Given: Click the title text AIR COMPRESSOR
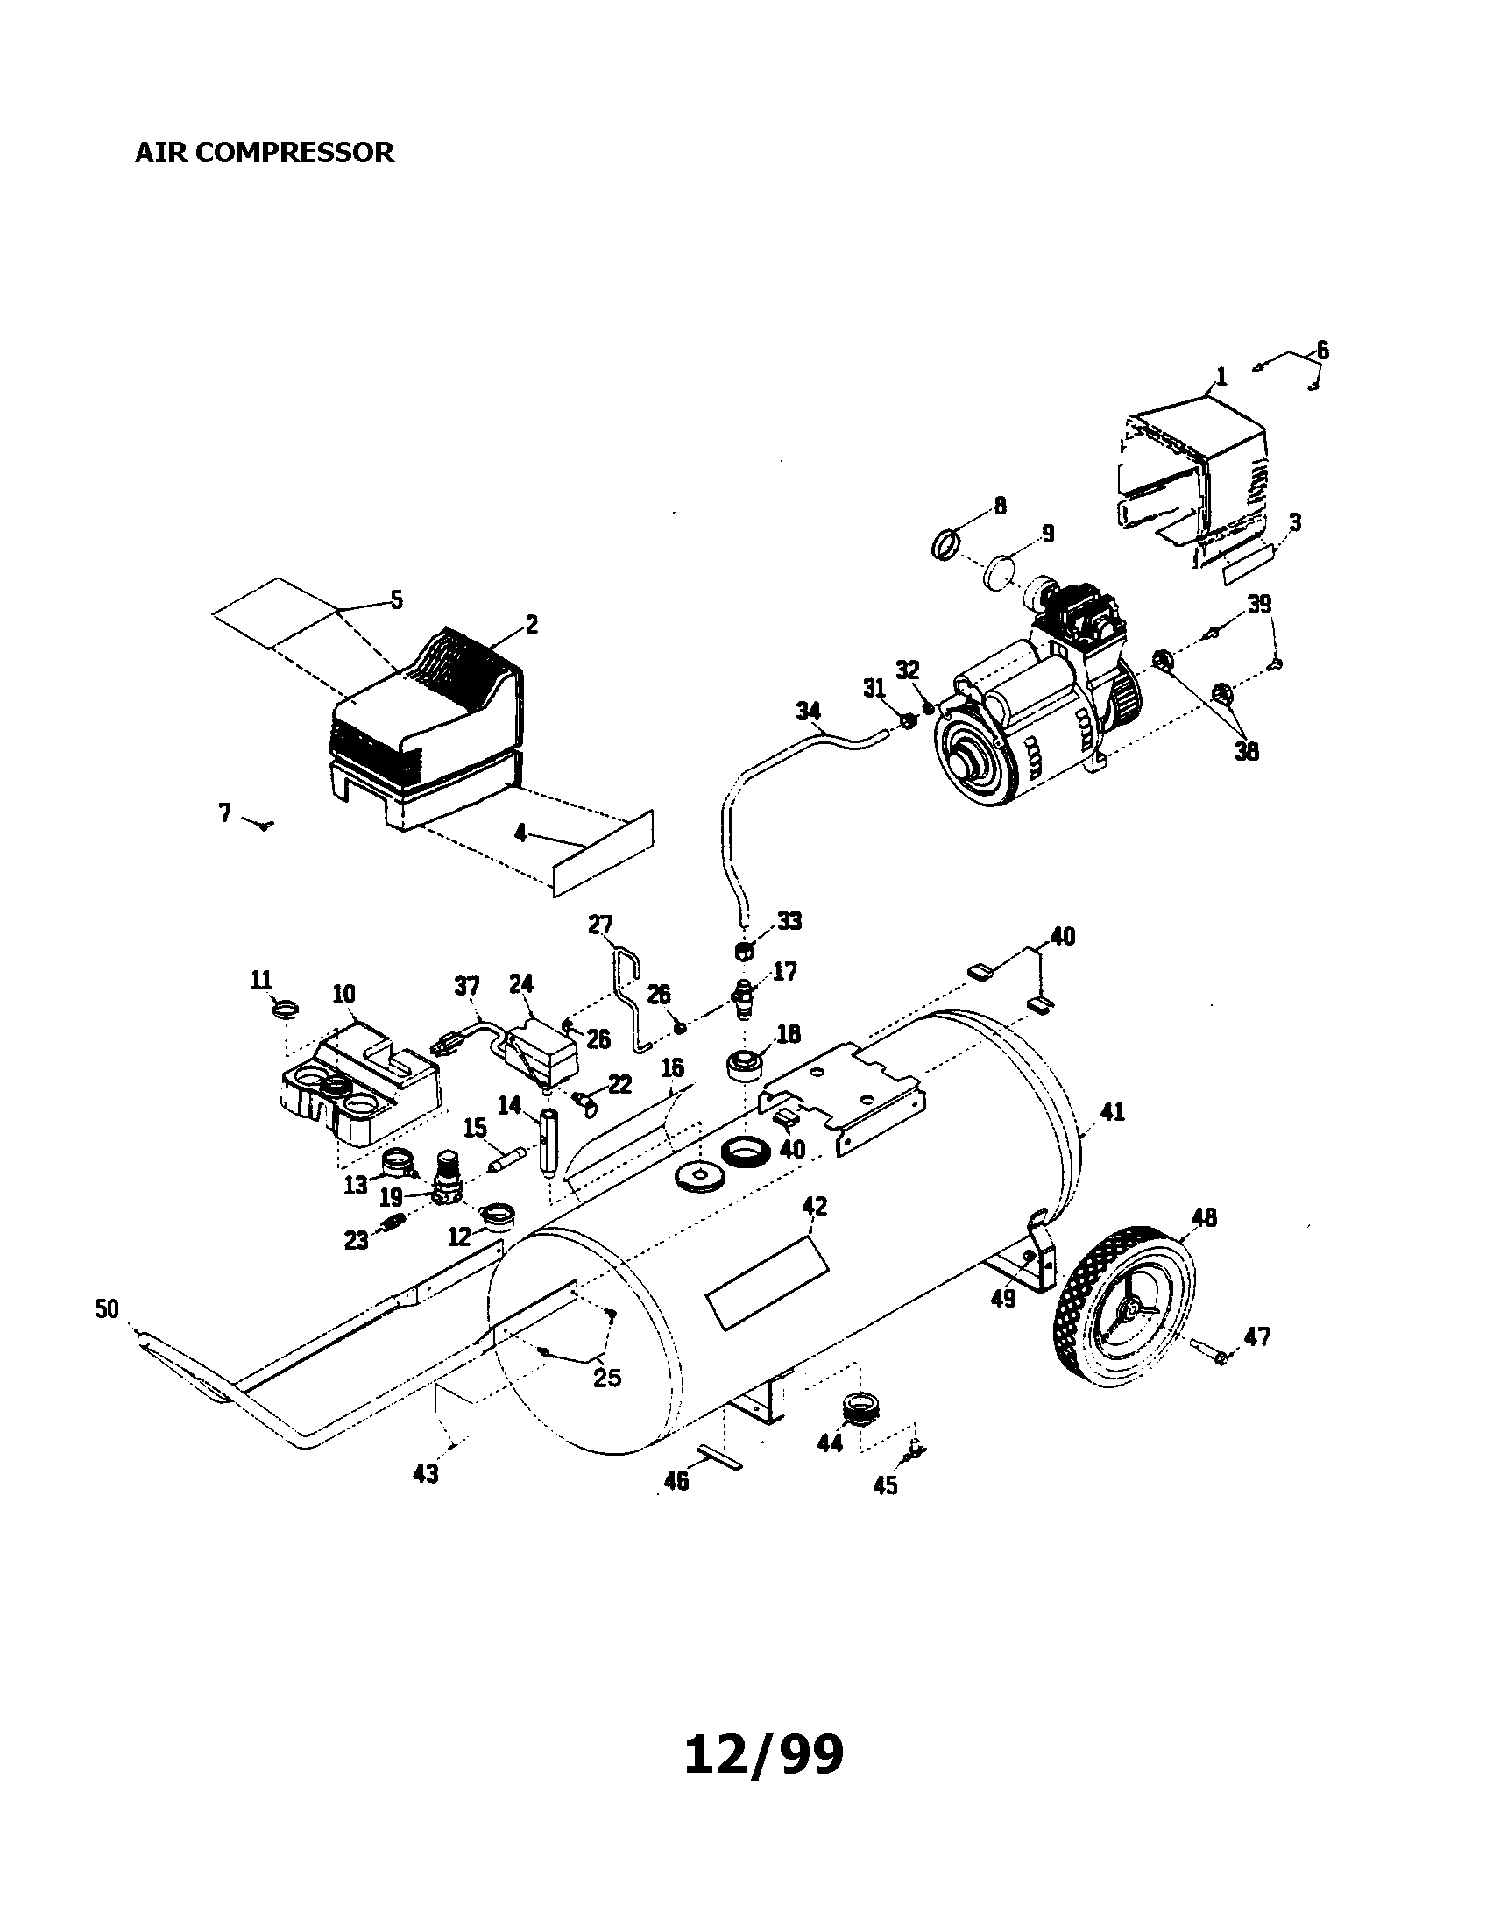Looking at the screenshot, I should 264,152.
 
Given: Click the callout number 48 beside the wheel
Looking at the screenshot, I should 1204,1217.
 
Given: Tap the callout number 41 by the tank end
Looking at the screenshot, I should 1113,1111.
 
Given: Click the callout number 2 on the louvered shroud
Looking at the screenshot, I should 531,624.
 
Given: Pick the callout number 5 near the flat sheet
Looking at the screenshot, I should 396,600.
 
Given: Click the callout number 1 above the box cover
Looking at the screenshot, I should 1221,376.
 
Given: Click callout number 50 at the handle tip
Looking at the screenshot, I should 106,1308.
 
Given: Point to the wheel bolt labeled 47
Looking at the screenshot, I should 1208,1350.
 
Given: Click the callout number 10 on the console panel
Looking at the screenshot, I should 343,995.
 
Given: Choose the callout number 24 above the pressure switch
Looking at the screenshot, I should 521,984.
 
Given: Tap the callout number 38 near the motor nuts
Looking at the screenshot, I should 1246,751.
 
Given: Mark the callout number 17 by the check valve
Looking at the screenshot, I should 784,972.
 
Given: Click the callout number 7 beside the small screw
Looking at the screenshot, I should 224,812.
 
